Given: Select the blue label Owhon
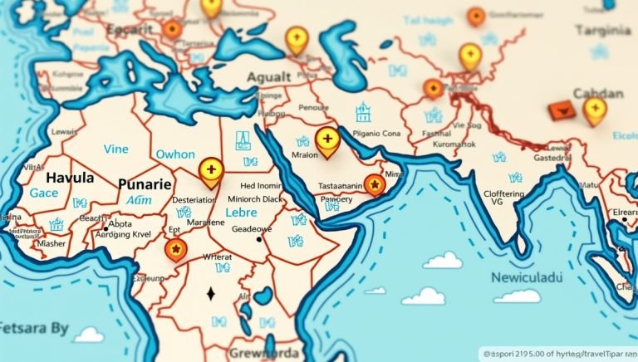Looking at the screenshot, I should click(175, 154).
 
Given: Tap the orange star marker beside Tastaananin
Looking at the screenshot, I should click(375, 183).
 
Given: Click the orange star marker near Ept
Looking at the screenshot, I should click(174, 248).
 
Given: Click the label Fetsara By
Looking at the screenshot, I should click(34, 328).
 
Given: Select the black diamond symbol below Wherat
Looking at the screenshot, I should click(210, 293).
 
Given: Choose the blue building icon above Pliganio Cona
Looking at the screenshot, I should click(363, 112).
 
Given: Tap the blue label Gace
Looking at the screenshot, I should click(44, 193).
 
